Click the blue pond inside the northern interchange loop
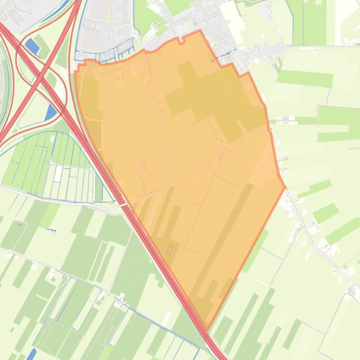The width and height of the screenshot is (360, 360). pos(32,46)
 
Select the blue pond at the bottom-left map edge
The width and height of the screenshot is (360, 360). pos(31,354)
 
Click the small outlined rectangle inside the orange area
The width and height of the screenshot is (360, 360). pos(169,250)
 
